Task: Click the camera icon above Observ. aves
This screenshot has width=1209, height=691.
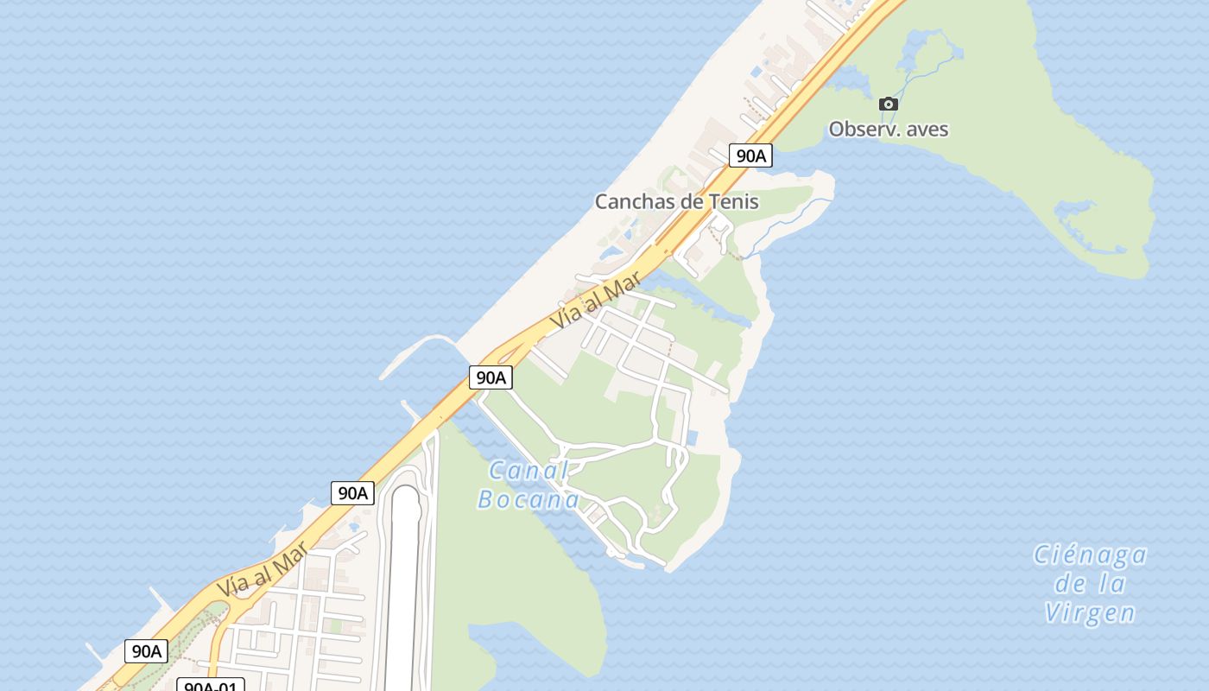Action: (x=888, y=105)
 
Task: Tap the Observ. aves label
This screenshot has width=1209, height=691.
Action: (x=888, y=130)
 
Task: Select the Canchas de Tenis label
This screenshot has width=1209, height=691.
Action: (x=676, y=202)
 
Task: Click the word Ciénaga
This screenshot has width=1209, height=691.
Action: (x=1090, y=555)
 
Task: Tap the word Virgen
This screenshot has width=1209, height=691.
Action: (x=1090, y=613)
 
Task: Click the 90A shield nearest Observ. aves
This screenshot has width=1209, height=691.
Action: (x=750, y=155)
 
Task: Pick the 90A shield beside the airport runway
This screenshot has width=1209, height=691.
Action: (x=352, y=493)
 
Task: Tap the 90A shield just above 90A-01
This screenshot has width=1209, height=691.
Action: (x=146, y=651)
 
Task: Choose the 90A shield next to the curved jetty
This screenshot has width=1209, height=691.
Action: (x=491, y=377)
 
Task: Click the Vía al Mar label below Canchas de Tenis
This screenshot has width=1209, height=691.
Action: (x=598, y=299)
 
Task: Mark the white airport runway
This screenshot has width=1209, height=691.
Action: (x=403, y=587)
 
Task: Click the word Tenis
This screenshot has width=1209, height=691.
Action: (x=733, y=202)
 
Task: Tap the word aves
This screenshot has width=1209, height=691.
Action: (x=927, y=130)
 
